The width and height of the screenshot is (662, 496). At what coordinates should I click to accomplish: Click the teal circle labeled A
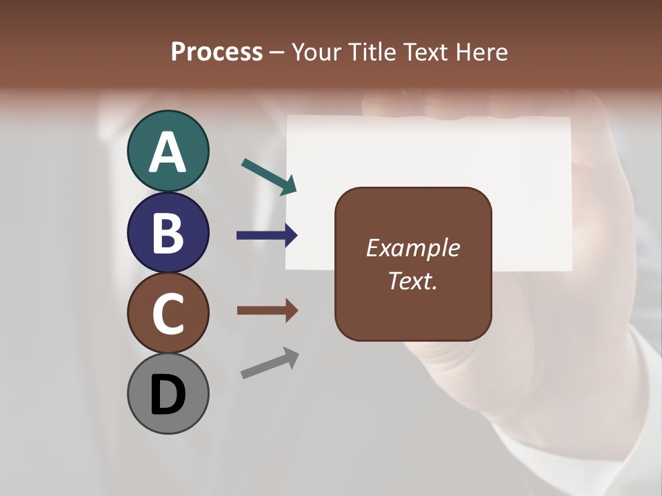click(x=168, y=151)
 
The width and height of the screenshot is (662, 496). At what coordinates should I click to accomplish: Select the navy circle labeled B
click(x=168, y=232)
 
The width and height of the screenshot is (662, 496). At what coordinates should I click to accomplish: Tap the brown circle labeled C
click(x=168, y=313)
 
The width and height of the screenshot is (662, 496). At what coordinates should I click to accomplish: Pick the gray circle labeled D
click(x=168, y=393)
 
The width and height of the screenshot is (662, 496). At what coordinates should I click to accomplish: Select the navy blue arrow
click(x=267, y=236)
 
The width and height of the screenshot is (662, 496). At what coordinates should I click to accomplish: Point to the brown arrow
click(x=267, y=310)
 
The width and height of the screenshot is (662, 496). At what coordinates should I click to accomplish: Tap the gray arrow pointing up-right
click(x=270, y=363)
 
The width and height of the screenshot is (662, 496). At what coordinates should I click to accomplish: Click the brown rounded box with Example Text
click(x=413, y=265)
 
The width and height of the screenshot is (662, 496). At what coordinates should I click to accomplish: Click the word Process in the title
click(x=217, y=52)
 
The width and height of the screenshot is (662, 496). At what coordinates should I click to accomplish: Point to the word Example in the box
click(x=413, y=248)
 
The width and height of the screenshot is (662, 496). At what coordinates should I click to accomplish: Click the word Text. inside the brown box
click(x=413, y=280)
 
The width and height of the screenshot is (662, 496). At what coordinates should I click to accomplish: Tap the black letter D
click(x=168, y=395)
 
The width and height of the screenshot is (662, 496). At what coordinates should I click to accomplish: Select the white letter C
click(x=168, y=314)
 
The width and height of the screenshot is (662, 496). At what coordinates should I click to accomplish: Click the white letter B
click(x=168, y=233)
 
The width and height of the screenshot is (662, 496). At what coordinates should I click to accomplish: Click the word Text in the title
click(x=426, y=52)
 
